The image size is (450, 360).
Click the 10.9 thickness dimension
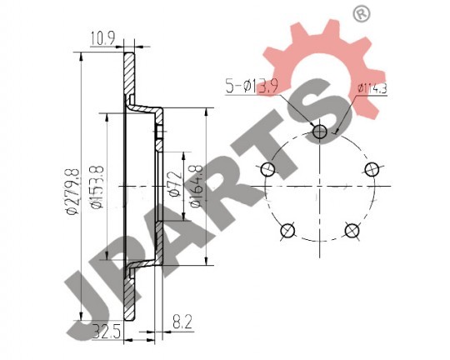[103, 39]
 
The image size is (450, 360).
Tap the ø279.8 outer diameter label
[72, 192]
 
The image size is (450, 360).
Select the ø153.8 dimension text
[97, 187]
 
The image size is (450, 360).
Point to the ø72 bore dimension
[176, 184]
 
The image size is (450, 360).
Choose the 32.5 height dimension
[107, 332]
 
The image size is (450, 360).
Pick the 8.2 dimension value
[182, 322]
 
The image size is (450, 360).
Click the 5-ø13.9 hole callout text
[252, 87]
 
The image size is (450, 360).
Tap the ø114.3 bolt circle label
[372, 88]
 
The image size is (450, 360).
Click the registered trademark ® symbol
[362, 14]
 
